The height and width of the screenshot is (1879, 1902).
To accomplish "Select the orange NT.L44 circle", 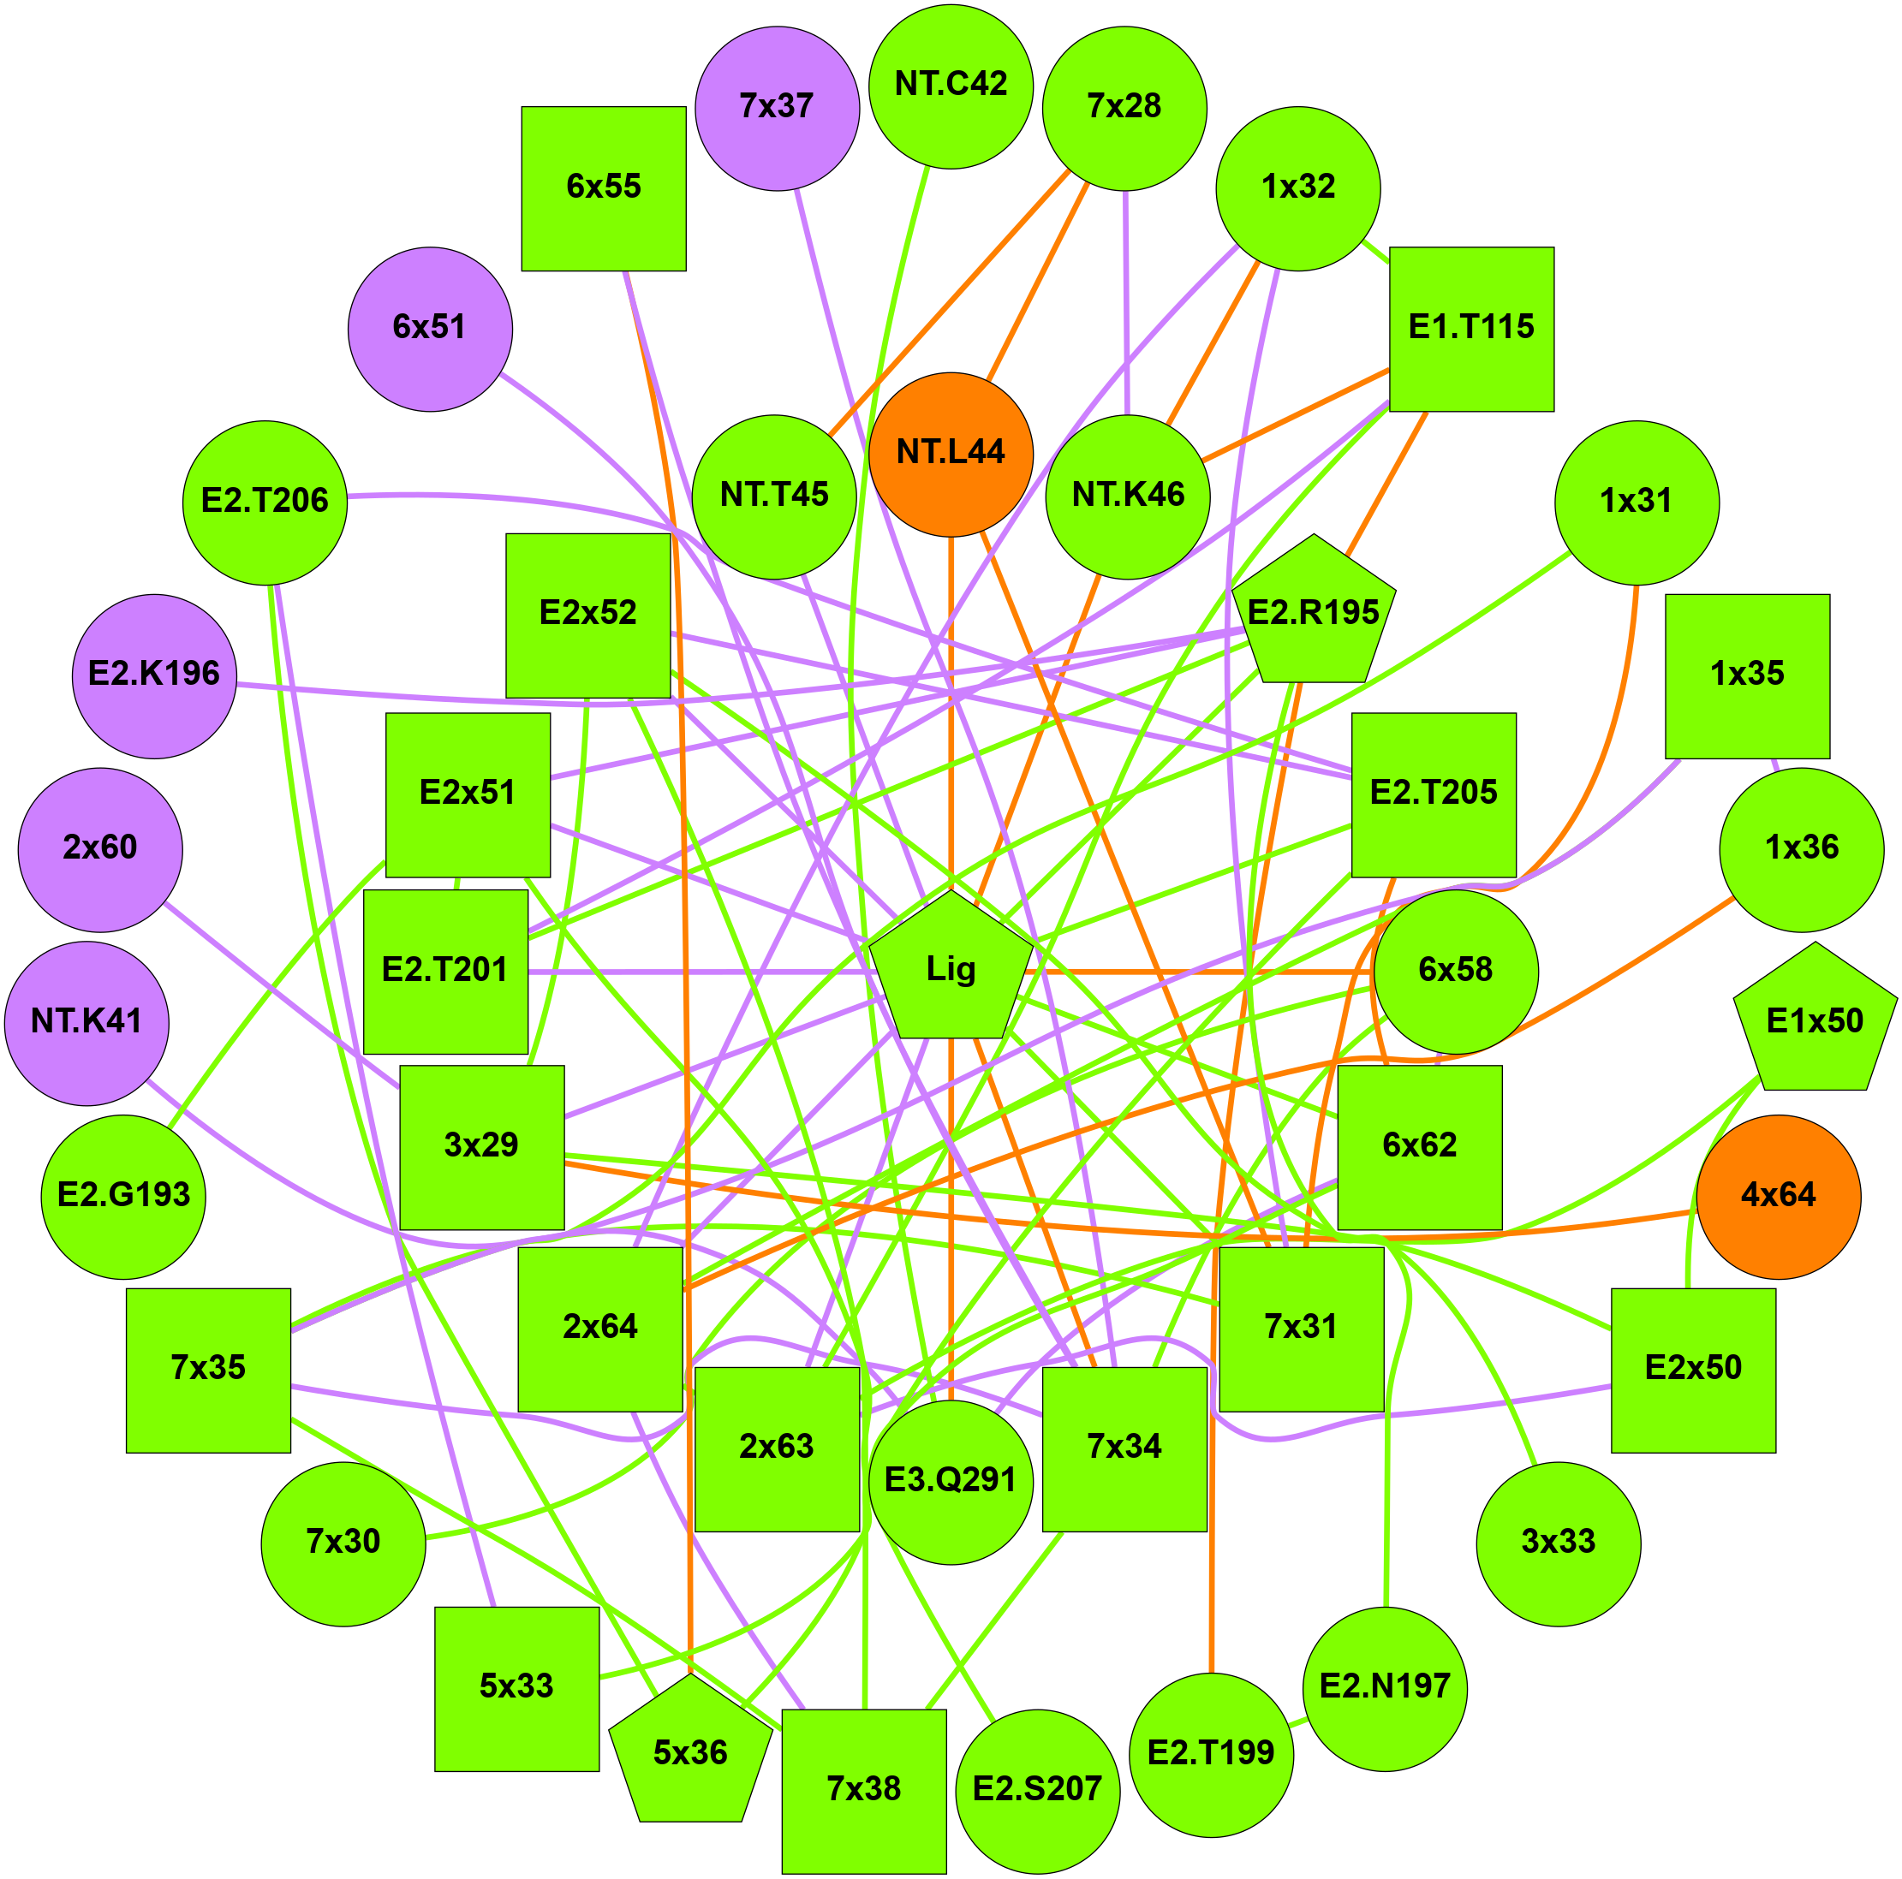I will (951, 454).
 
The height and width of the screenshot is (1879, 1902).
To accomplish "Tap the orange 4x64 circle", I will (1778, 1196).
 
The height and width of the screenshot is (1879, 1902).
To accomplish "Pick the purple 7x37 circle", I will (777, 107).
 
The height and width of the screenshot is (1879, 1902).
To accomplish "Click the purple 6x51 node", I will (430, 328).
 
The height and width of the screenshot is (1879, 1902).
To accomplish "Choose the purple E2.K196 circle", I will (154, 675).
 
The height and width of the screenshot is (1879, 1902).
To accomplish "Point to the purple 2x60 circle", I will (100, 848).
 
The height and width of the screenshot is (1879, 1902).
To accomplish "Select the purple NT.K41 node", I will (86, 1023).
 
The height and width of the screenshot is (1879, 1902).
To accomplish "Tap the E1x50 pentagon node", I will (1815, 1023).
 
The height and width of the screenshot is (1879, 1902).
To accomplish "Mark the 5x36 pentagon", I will (690, 1752).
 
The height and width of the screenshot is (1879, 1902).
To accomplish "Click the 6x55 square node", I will (604, 188).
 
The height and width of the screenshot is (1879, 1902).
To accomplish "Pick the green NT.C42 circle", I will (951, 86).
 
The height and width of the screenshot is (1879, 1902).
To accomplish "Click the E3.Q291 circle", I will (951, 1481).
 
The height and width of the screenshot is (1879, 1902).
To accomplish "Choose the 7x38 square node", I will (863, 1791).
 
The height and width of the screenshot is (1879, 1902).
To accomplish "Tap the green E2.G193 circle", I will (124, 1196).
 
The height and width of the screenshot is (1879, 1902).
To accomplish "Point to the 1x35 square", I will (1748, 675).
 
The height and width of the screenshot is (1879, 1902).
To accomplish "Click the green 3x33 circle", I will (1559, 1543).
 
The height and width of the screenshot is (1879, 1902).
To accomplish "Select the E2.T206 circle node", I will (265, 502).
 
